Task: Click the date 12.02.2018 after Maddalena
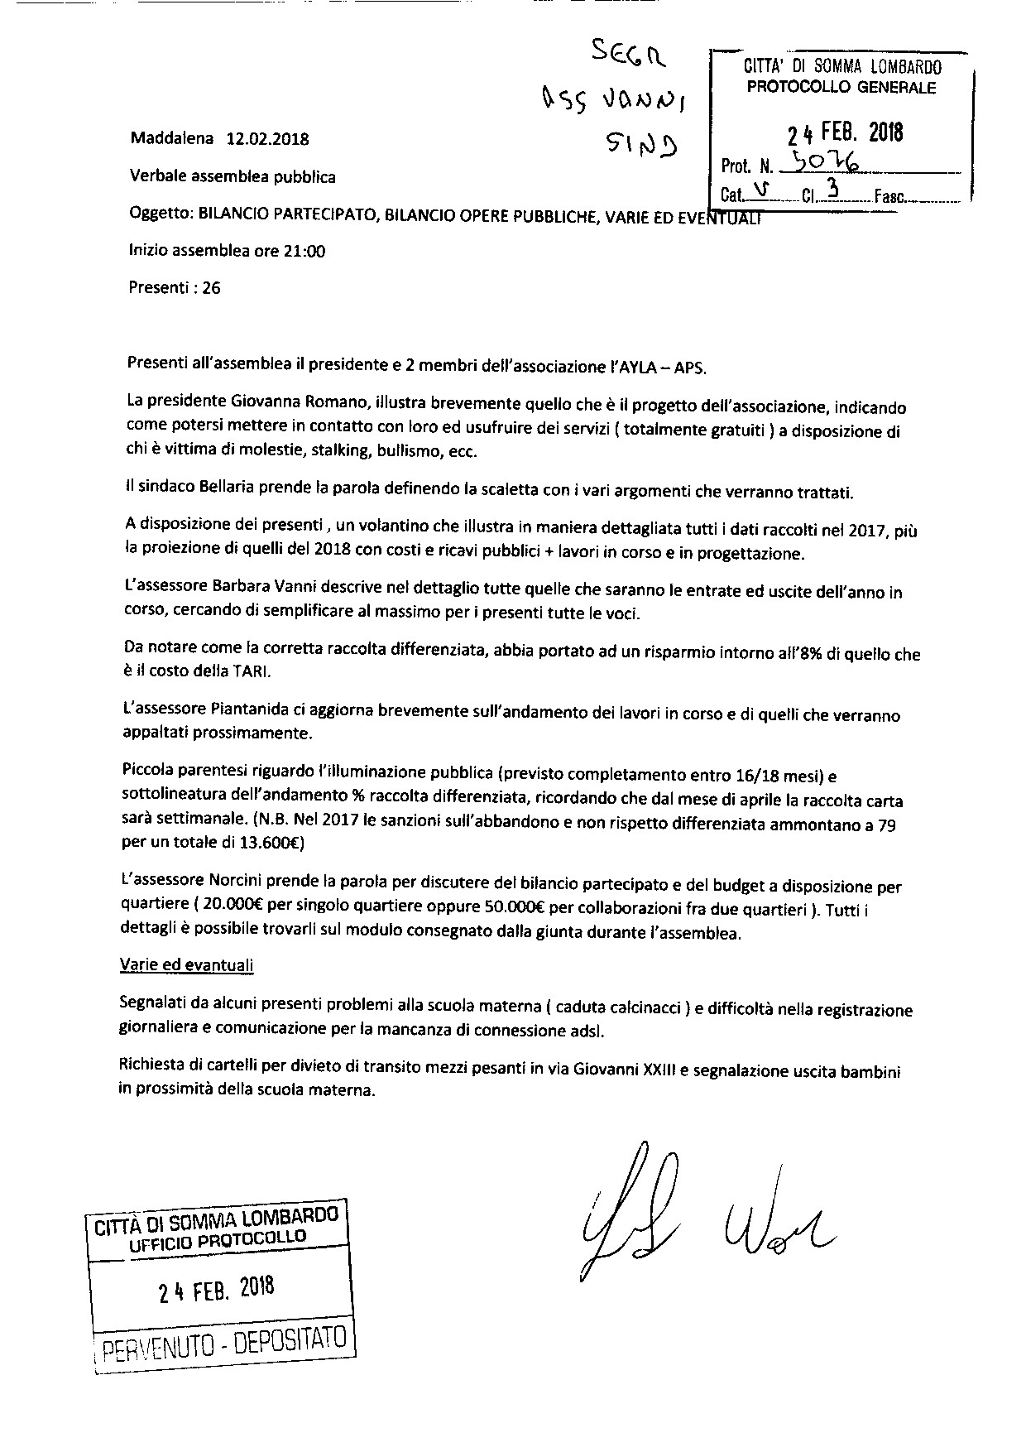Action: pos(267,139)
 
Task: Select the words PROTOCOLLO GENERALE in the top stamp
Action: pos(841,88)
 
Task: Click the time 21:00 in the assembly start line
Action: pos(304,252)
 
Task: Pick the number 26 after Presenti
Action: pos(211,289)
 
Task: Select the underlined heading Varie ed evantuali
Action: pos(187,965)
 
